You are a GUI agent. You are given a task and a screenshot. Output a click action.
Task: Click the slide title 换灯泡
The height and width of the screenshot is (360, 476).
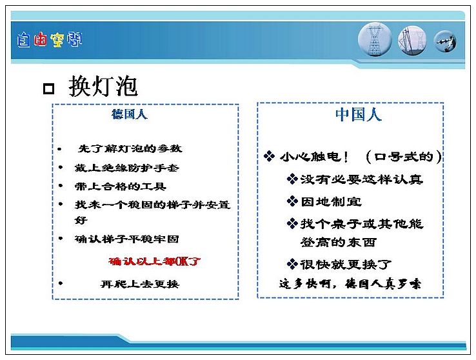tap(103, 86)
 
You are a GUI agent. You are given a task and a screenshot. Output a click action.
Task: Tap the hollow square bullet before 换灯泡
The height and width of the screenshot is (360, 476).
tap(48, 88)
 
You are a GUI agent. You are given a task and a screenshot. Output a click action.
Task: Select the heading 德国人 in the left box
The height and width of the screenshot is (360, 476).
tap(130, 114)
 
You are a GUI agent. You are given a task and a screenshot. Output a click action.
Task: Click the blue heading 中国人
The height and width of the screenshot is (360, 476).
tap(358, 115)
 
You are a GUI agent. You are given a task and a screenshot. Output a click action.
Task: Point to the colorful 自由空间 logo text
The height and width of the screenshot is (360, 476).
tap(50, 40)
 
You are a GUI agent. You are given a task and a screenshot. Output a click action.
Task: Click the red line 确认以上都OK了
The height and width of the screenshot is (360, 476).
tap(155, 261)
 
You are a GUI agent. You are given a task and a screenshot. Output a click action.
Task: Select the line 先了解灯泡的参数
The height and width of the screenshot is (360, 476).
tap(130, 148)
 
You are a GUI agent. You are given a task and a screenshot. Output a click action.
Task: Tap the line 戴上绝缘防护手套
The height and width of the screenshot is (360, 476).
tap(127, 168)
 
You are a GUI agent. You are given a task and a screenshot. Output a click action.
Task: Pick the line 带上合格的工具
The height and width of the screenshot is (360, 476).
tap(120, 186)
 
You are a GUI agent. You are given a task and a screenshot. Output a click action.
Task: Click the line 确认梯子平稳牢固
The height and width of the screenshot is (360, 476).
tap(126, 239)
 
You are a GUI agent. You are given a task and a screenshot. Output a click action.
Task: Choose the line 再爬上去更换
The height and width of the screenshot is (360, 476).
tap(140, 284)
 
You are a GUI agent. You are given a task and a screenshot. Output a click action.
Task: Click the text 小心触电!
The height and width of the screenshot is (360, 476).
tap(314, 157)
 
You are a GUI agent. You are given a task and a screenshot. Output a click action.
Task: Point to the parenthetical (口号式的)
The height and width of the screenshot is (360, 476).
tap(404, 157)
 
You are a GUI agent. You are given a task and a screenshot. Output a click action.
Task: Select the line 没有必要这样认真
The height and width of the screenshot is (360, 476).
tap(362, 179)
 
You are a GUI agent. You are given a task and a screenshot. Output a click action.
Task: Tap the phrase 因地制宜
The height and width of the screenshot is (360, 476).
tap(331, 201)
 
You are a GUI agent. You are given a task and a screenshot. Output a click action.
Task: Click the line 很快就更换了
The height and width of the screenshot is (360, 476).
tap(346, 265)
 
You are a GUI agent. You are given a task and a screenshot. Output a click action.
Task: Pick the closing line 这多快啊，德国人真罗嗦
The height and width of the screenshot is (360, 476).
tap(350, 284)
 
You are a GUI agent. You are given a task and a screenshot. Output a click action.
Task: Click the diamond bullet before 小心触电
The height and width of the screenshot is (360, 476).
tap(269, 156)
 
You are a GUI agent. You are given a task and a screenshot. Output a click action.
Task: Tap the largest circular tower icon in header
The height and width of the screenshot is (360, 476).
tap(375, 40)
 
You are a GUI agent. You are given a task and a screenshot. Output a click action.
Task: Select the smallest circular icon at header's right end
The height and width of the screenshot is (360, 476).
tap(445, 41)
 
